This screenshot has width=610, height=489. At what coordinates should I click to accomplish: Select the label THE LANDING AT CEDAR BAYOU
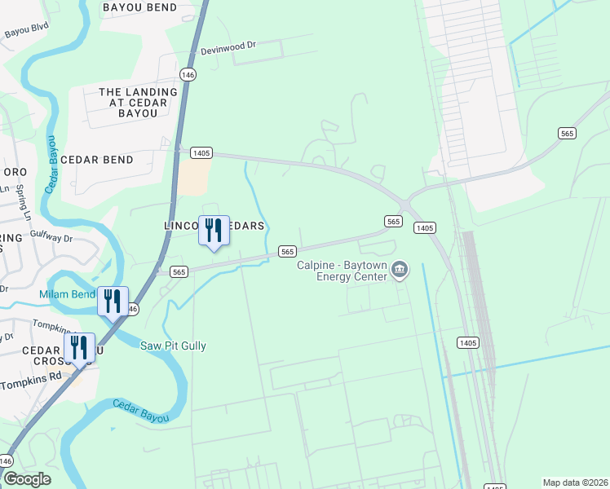point(138,103)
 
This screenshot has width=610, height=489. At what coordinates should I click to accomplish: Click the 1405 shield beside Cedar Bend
point(201,152)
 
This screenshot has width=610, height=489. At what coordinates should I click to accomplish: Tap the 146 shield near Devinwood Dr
point(188,74)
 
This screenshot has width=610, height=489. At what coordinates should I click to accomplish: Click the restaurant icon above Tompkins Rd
point(79,347)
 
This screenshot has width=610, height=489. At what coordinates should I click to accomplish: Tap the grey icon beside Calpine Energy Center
point(400,270)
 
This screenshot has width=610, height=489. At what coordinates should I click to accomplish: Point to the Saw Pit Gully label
point(174,346)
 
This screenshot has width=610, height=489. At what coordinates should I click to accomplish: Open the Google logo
point(26,479)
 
